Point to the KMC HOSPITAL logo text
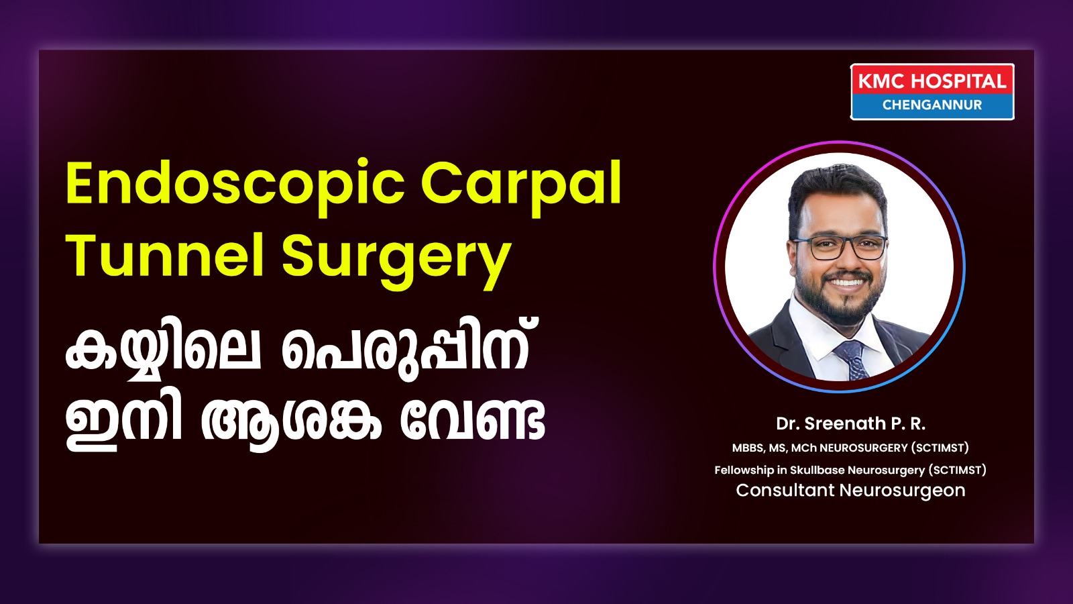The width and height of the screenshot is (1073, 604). [x=932, y=81]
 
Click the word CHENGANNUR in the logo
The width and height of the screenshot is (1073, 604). [x=932, y=105]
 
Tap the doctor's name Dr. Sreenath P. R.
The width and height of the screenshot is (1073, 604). [x=851, y=423]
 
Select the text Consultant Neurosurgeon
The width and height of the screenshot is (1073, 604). [x=851, y=491]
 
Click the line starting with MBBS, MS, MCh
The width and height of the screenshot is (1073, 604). [x=851, y=448]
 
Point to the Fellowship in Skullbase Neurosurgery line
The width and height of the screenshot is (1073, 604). [x=851, y=470]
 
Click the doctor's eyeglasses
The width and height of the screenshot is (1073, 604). [x=839, y=247]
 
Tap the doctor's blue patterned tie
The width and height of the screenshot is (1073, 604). [x=853, y=360]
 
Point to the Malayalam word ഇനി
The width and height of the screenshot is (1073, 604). [x=123, y=423]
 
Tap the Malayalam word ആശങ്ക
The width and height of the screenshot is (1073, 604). [x=291, y=423]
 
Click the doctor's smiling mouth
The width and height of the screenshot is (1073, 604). [x=846, y=283]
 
